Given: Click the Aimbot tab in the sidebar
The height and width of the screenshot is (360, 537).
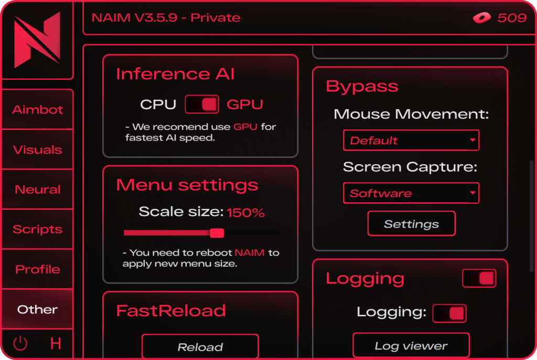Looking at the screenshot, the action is point(37,109).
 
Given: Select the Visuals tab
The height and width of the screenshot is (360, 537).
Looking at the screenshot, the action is point(37,150).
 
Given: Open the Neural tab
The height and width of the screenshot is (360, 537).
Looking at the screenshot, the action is point(37,189).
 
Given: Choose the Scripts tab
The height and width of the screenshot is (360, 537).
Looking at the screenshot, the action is point(37,229).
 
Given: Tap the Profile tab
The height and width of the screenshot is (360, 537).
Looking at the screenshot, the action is point(37,269).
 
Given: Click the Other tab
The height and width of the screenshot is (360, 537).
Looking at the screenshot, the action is point(37,309).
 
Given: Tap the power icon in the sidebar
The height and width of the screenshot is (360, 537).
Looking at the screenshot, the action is point(20,343).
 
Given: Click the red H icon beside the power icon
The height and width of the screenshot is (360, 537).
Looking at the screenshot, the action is point(56,343).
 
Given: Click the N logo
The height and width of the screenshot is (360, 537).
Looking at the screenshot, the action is point(37,40).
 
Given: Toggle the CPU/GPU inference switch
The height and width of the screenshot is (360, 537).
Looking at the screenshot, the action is point(202,104).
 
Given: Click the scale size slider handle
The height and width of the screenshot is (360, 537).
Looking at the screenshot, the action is point(217,233).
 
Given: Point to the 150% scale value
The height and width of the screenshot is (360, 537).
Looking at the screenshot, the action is point(245,213).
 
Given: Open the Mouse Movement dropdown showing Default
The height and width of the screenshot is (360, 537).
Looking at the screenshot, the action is point(411,140).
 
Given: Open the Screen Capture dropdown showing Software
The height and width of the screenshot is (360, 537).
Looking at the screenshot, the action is point(411,193).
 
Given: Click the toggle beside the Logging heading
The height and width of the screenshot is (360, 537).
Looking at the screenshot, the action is point(479,278).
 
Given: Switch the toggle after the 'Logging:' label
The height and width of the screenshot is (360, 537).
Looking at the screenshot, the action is point(449,313).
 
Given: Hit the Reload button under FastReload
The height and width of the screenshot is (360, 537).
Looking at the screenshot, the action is point(200,347).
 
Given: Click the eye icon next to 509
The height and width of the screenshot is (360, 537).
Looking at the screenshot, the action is point(482,17).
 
